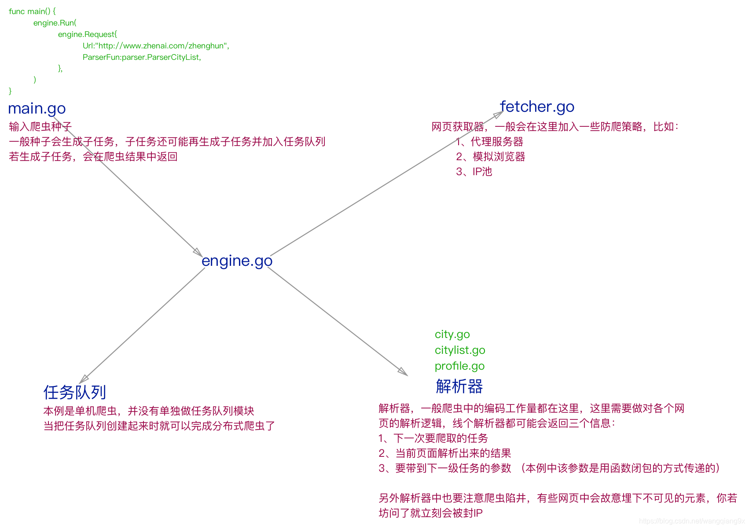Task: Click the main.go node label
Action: tap(37, 108)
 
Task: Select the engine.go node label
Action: tap(237, 261)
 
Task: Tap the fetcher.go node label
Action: tap(537, 107)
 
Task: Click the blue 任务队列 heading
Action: tap(75, 392)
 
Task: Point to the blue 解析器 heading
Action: tap(459, 386)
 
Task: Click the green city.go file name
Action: tap(452, 334)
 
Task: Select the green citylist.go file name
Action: tap(459, 350)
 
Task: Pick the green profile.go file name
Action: tap(459, 366)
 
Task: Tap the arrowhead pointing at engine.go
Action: tap(198, 252)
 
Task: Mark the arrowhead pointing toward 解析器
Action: tap(403, 371)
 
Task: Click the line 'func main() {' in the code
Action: tap(32, 11)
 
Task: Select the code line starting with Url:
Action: tap(156, 46)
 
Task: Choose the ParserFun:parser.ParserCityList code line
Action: tap(142, 57)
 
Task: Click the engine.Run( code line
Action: tap(55, 23)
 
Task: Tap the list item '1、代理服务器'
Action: tap(489, 142)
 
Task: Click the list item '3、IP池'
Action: tap(474, 172)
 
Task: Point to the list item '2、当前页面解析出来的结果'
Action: tap(444, 453)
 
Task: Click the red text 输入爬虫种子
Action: tap(40, 127)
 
